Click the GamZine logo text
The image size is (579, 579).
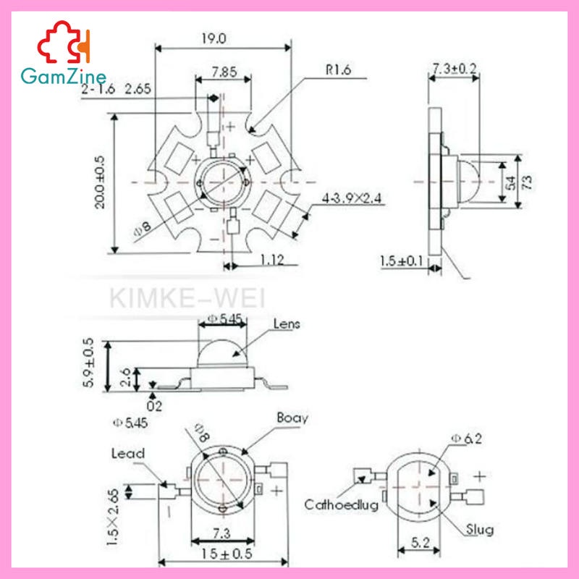point(64,75)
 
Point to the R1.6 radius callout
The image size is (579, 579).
point(338,70)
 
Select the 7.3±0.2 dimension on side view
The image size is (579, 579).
point(454,68)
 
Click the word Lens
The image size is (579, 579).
point(287,324)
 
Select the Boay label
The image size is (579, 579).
point(292,418)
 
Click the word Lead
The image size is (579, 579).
point(127,453)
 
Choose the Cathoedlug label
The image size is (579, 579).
point(341,505)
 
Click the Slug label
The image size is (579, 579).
point(480,530)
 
